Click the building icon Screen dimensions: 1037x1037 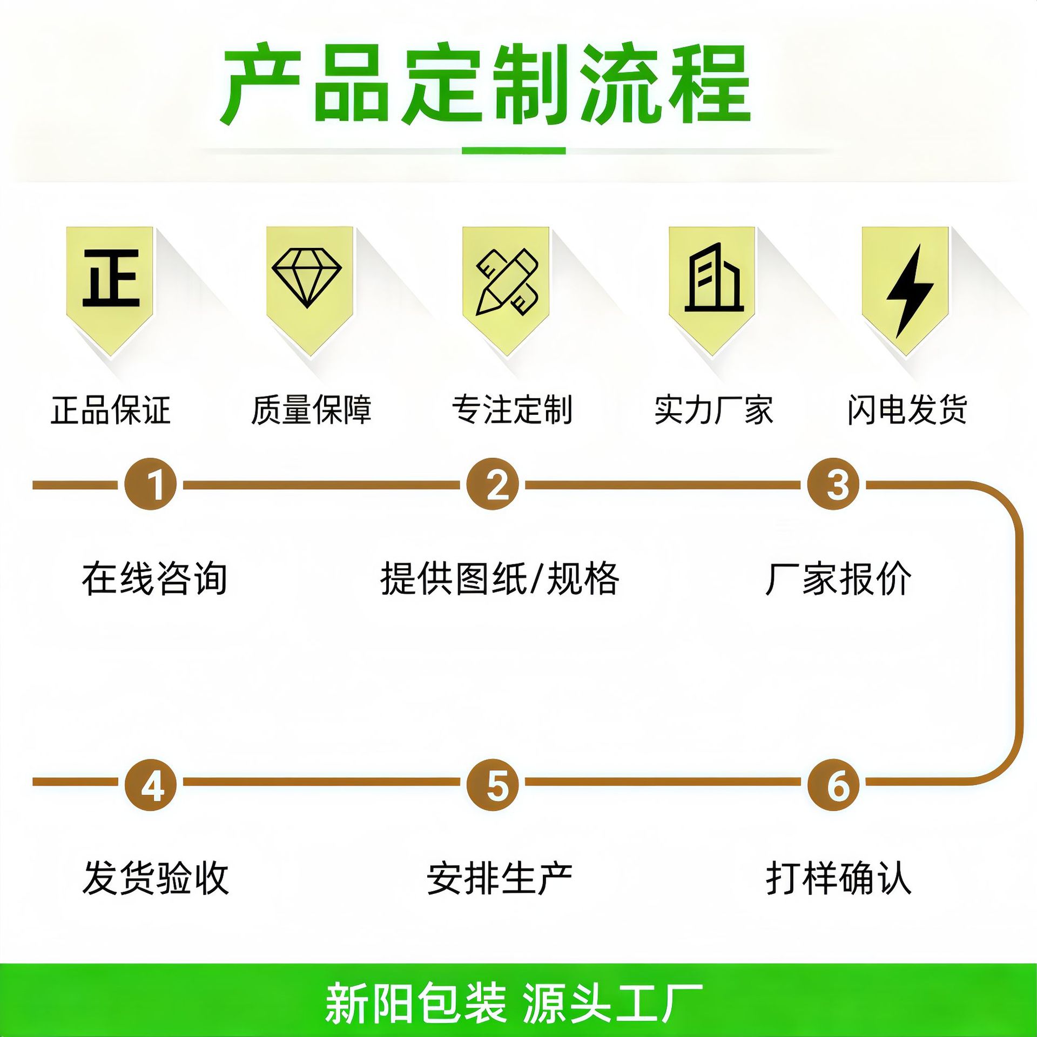click(713, 278)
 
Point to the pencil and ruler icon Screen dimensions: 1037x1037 click(507, 281)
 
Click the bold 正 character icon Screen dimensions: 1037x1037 click(111, 279)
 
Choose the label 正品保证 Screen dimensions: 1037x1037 click(111, 409)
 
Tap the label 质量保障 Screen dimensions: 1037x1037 click(312, 409)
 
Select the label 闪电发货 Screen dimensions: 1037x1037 click(907, 409)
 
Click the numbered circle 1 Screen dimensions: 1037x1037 click(151, 484)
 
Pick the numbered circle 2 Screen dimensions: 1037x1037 click(493, 484)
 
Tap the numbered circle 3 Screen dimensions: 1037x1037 click(834, 484)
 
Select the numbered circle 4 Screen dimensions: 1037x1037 click(151, 786)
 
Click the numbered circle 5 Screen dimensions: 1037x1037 click(493, 786)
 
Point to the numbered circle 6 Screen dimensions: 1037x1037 click(834, 786)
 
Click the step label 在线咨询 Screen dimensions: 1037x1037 click(155, 579)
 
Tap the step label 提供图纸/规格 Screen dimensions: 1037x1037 click(500, 579)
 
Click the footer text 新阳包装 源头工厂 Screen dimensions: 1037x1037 click(514, 1003)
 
